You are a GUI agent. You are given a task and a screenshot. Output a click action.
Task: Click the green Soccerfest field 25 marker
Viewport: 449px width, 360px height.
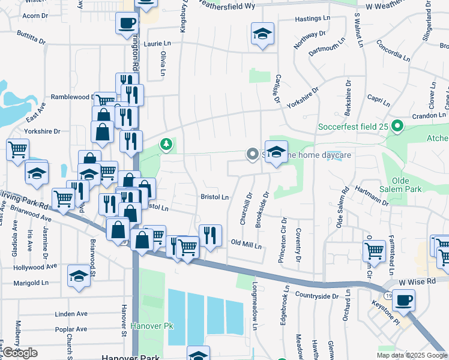tap(396, 127)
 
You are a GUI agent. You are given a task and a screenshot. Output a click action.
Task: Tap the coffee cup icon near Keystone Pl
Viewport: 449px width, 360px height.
tap(405, 299)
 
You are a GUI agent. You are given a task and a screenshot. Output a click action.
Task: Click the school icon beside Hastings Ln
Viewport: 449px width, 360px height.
tap(262, 34)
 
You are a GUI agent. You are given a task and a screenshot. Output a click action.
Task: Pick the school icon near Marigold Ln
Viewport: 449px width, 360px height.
tap(79, 276)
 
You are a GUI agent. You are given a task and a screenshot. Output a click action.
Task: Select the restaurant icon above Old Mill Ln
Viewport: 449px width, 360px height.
tap(209, 235)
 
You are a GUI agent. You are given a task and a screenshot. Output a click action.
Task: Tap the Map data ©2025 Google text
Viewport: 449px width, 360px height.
tap(411, 355)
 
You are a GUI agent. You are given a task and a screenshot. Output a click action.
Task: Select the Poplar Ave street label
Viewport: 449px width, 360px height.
tap(71, 329)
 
